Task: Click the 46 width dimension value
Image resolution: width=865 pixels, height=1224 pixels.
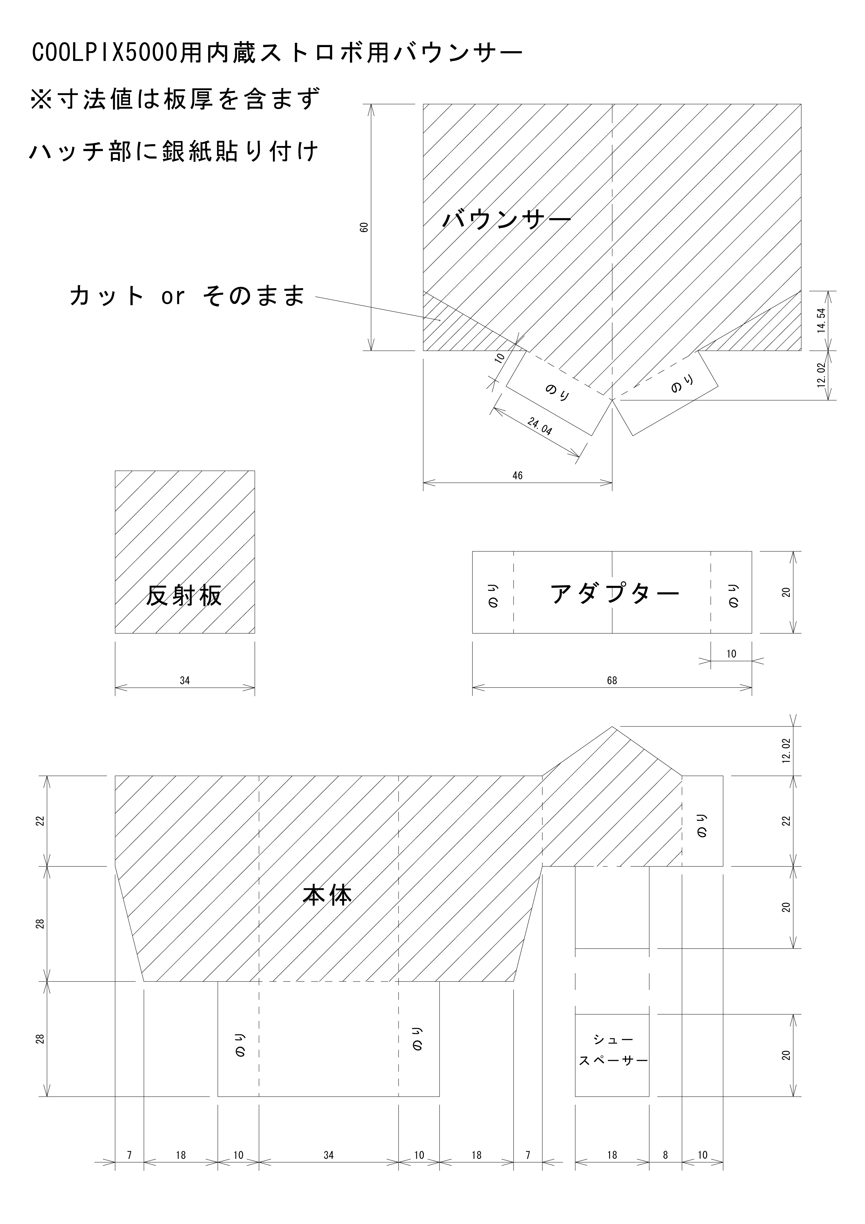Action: [517, 475]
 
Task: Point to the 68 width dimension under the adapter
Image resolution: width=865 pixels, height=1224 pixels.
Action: [612, 680]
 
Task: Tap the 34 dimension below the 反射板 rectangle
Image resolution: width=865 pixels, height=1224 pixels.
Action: [184, 680]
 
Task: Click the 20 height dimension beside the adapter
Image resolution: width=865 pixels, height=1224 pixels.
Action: [786, 592]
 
